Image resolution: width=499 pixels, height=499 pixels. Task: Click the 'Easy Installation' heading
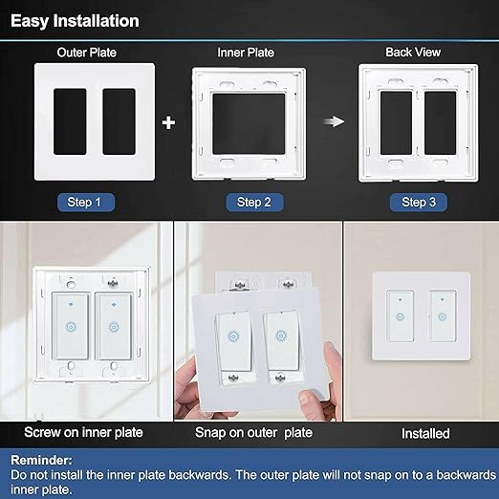(75, 20)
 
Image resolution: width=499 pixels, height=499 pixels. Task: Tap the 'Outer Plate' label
(85, 53)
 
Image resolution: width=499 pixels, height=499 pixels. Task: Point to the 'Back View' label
(411, 53)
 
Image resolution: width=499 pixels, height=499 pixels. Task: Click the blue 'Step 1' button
(86, 202)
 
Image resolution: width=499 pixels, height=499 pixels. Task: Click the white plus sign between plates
(168, 123)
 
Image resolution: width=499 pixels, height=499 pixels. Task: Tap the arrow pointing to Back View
(332, 122)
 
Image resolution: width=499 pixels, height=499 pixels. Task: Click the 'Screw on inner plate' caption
(86, 433)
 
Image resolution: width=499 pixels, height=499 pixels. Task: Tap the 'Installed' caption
(425, 433)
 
